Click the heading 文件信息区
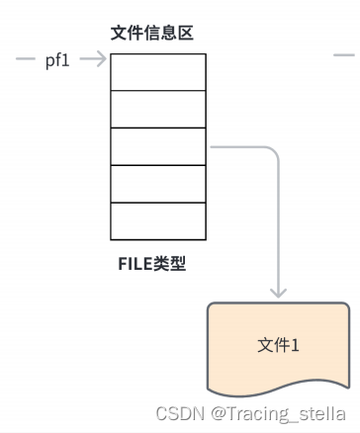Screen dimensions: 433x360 point(151,34)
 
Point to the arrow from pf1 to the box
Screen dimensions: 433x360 point(93,60)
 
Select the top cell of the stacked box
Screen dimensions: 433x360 point(158,71)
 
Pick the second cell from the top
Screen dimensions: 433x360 point(158,109)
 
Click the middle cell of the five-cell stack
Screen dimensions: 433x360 point(158,146)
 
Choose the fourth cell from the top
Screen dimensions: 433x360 point(158,183)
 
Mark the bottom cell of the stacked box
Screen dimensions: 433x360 point(158,219)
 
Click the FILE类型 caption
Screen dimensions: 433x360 point(151,264)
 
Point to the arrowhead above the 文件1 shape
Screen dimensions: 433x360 point(279,291)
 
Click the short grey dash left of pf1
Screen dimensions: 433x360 point(26,60)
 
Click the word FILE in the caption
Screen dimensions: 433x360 point(135,264)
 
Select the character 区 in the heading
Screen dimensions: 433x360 point(184,34)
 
